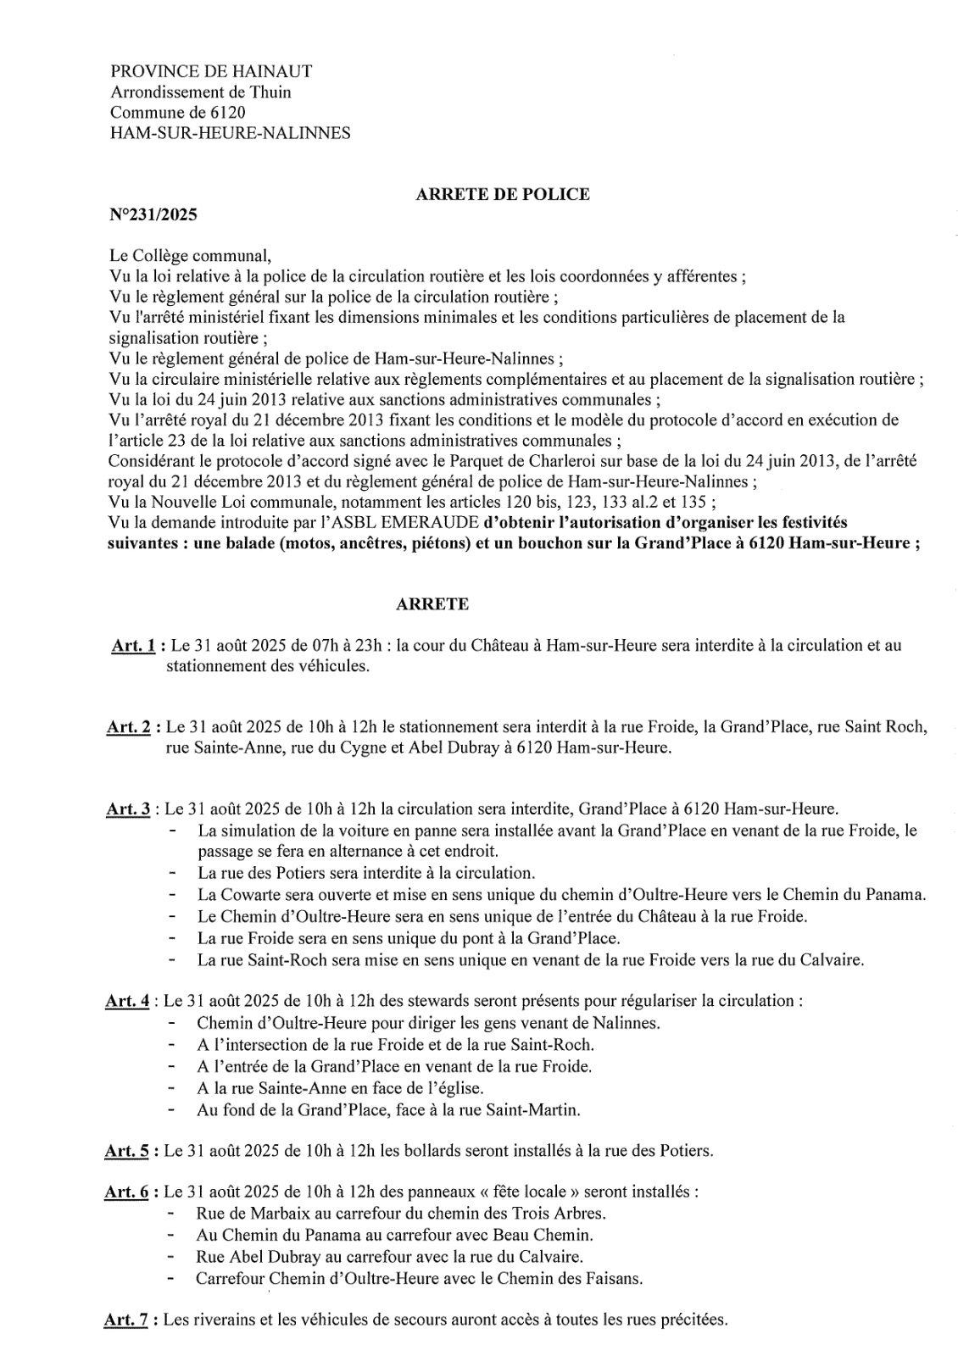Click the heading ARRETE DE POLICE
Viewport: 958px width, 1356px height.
tap(502, 194)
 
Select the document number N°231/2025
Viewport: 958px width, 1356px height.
tap(153, 215)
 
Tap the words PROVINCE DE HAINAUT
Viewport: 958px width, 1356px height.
tap(211, 72)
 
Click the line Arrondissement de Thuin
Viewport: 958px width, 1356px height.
tap(201, 92)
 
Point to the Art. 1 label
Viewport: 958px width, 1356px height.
tap(132, 646)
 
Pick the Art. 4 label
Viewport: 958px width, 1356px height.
tap(127, 1001)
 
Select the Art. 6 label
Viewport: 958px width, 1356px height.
tap(127, 1192)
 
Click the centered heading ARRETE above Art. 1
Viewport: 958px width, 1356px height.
tap(432, 604)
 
